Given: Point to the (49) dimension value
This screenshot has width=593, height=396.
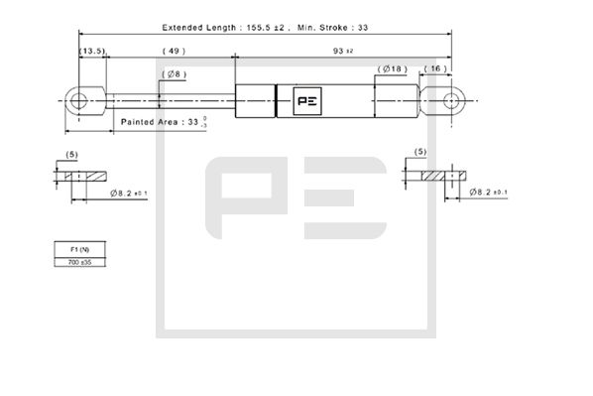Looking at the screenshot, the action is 174,50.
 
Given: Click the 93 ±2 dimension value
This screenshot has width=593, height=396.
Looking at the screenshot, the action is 342,50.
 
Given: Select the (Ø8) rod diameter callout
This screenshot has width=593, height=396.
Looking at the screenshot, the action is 175,73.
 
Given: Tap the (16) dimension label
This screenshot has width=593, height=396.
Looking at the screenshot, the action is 436,68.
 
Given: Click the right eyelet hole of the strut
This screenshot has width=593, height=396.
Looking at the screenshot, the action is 454,100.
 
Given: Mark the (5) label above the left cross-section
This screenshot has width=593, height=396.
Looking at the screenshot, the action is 71,154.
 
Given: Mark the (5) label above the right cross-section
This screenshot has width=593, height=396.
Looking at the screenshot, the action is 420,152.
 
